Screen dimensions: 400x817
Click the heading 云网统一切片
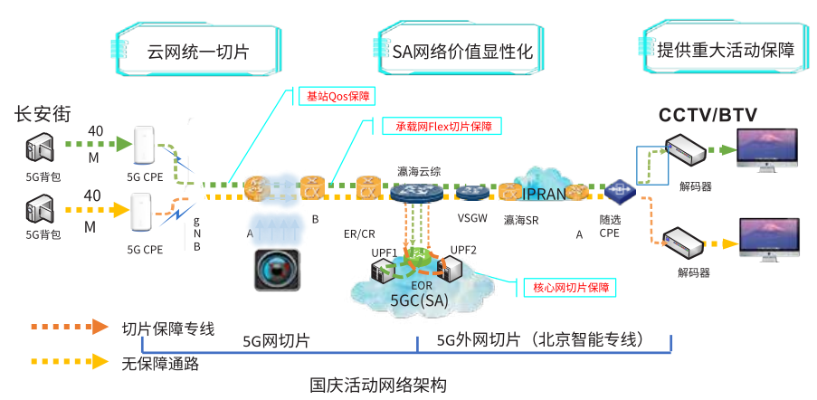click(197, 51)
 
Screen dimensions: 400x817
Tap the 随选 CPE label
click(610, 226)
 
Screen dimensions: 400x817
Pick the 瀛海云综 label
click(419, 170)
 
